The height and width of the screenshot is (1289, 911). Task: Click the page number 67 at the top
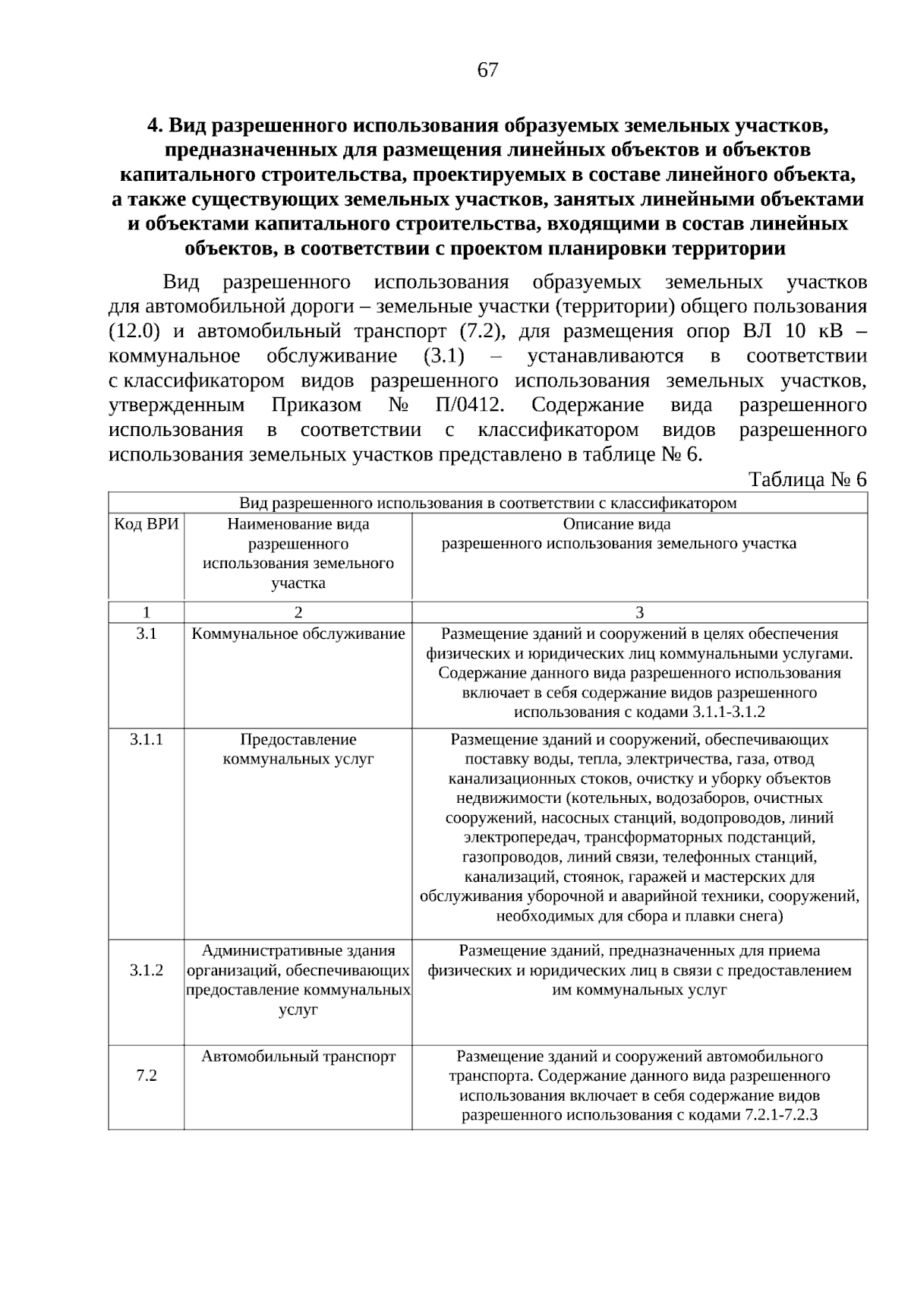[487, 70]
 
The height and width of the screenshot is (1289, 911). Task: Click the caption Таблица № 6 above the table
[807, 479]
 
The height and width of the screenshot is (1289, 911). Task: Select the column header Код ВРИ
[147, 524]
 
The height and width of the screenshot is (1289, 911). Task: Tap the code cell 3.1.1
[147, 739]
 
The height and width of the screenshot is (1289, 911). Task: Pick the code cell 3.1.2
[147, 970]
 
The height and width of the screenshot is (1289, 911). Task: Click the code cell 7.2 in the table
[147, 1076]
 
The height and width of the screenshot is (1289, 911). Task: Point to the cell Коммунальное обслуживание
[298, 633]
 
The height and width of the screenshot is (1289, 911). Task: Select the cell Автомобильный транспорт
[298, 1056]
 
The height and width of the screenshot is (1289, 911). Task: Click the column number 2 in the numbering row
[298, 612]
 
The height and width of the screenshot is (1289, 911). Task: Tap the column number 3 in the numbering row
[639, 612]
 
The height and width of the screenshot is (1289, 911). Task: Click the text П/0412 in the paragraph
[469, 405]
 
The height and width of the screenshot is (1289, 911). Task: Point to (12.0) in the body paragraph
[134, 331]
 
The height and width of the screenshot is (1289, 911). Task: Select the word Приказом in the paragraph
[317, 405]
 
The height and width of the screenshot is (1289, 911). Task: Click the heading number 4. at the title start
[154, 125]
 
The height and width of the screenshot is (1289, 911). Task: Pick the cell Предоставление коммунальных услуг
[298, 749]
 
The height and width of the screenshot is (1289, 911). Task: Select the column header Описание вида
[616, 524]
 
